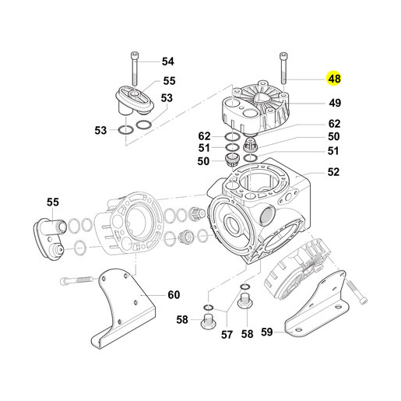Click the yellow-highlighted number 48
334,79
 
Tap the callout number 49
335,103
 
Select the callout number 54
168,62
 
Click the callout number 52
333,172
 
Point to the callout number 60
174,295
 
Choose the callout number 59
267,332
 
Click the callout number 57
227,335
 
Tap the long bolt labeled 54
135,69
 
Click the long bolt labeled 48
283,69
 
